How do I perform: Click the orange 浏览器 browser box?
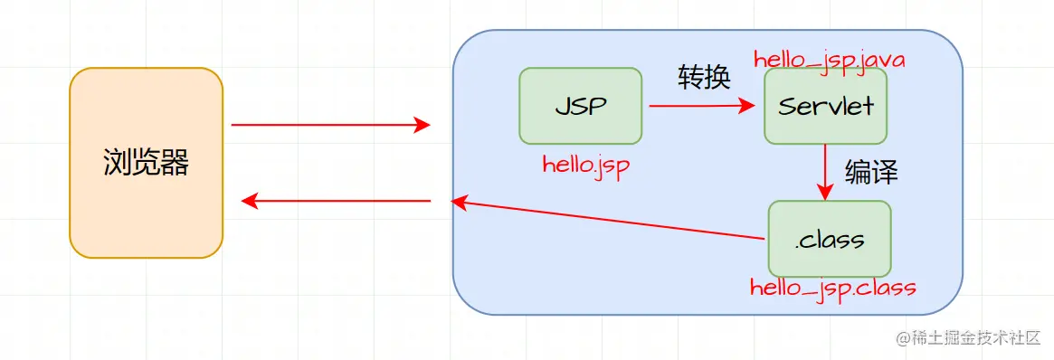tap(146, 162)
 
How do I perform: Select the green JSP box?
tap(580, 106)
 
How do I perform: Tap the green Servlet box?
tap(825, 106)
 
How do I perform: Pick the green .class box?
tap(829, 239)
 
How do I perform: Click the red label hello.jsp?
tap(585, 165)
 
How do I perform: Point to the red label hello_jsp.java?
tap(829, 59)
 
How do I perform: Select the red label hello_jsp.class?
tap(832, 289)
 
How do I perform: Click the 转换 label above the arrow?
tap(703, 78)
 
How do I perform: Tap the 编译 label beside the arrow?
tap(870, 172)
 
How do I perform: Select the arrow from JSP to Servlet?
tap(701, 106)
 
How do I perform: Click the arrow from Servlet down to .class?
tap(824, 172)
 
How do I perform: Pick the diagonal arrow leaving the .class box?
tap(611, 220)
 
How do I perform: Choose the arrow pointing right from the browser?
tap(330, 125)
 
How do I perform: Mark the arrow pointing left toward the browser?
tap(337, 201)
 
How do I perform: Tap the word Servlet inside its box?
tap(825, 106)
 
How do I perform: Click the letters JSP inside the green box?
tap(580, 106)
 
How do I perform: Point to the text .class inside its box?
tap(829, 240)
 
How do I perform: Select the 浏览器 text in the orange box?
tap(146, 163)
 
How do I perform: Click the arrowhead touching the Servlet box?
tap(747, 106)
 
